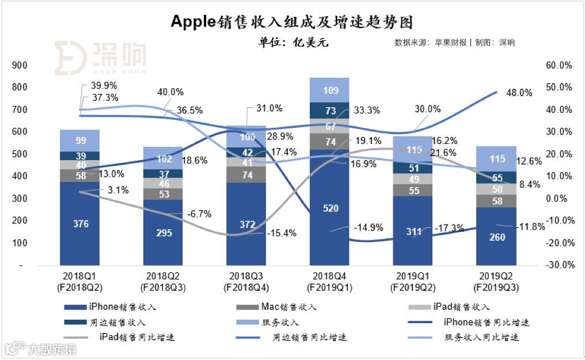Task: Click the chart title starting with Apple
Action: click(x=292, y=21)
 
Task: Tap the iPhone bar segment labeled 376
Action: click(x=81, y=223)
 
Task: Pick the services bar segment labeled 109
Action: click(x=329, y=90)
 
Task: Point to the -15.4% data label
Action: click(x=282, y=233)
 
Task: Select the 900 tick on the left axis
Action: click(x=20, y=66)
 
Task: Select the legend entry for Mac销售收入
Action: click(x=282, y=306)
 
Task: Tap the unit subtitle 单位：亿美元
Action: click(x=294, y=43)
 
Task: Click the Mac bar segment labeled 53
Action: click(x=164, y=194)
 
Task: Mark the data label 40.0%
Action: click(x=170, y=92)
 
